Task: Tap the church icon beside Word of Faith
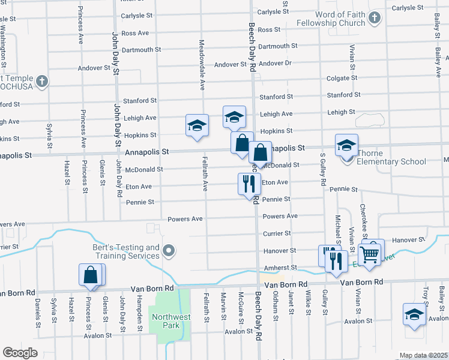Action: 374,18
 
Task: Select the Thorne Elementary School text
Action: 391,161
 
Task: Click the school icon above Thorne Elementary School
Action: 346,145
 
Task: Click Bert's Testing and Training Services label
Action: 126,251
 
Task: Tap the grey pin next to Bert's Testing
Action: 169,251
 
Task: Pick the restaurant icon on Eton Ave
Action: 249,184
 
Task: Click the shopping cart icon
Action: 369,254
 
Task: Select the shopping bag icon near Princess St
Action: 90,275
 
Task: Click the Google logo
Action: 20,352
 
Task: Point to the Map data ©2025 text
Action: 423,355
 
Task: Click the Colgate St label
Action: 342,78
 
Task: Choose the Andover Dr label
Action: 276,63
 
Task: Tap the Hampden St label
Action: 138,308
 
